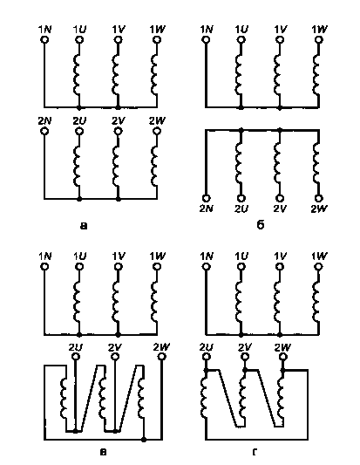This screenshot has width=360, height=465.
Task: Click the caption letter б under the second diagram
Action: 260,225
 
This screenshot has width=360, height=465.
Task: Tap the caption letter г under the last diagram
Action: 255,452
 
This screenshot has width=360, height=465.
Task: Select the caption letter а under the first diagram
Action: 84,226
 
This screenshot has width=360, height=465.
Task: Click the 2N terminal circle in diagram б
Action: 207,198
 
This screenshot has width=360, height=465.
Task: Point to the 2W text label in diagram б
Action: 319,209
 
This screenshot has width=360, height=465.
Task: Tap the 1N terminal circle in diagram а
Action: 44,39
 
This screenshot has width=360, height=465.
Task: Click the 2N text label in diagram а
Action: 44,121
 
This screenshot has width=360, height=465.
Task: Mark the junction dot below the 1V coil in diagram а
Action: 118,107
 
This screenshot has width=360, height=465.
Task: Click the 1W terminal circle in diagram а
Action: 157,39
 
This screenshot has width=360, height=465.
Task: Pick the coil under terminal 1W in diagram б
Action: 316,74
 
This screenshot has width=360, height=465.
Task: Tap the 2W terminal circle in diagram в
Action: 161,356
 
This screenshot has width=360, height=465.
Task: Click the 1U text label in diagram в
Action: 79,256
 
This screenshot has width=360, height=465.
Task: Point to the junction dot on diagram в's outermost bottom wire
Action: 144,439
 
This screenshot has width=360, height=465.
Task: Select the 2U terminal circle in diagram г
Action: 207,356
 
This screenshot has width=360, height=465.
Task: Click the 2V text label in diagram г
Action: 245,347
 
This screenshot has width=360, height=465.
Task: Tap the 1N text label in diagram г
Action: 207,256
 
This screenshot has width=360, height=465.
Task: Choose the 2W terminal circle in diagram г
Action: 282,356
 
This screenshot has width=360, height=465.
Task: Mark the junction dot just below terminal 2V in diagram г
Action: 245,370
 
